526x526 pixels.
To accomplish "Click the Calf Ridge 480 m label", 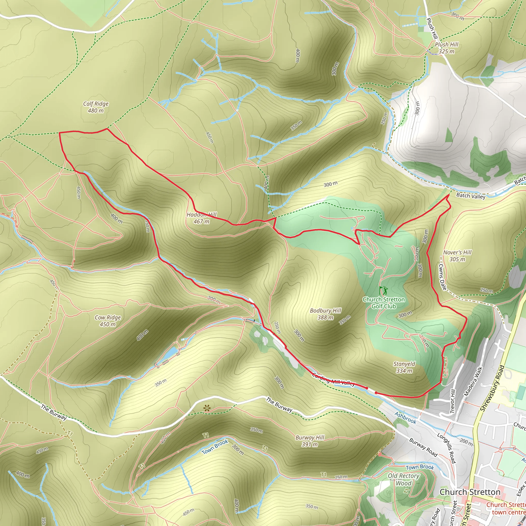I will (x=96, y=107).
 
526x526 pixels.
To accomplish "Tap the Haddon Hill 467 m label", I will (x=201, y=218).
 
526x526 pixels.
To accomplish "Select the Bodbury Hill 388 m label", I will (x=325, y=314).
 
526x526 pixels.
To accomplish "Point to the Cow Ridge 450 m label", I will (x=108, y=321).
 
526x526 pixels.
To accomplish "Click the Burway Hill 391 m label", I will (x=310, y=441).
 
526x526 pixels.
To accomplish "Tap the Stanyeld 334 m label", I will (x=404, y=367).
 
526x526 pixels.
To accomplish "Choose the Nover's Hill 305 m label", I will (x=457, y=256).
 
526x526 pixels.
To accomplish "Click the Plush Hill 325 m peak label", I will (x=446, y=48).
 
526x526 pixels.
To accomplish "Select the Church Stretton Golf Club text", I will (x=384, y=303).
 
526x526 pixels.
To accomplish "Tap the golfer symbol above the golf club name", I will (x=383, y=290).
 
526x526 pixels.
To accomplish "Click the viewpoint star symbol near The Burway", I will (x=207, y=408).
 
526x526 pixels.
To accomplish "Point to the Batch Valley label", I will (x=471, y=196).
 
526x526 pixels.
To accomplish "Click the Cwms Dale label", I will (x=443, y=277).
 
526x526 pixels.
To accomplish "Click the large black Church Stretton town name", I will (x=470, y=492).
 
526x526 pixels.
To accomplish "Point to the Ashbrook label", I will (x=405, y=418).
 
